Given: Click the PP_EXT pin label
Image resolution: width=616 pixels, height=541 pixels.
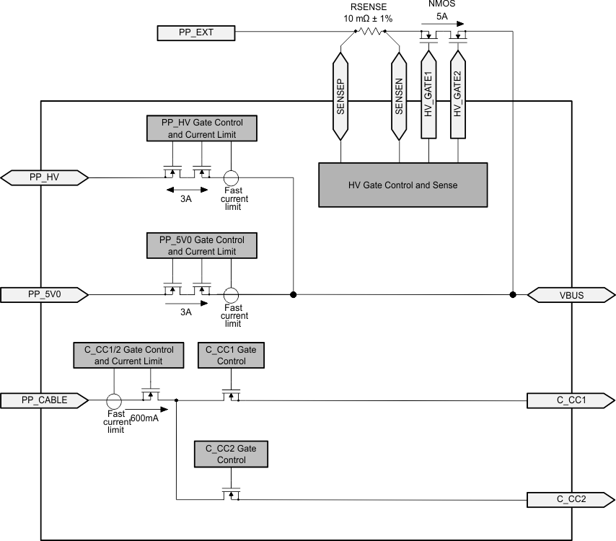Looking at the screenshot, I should pos(195,32).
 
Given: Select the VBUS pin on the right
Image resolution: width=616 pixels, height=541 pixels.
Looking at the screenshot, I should pos(571,294).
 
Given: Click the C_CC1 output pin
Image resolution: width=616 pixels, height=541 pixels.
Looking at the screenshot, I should pos(571,400).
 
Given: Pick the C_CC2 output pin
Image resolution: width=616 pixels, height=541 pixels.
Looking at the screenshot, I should pos(571,498).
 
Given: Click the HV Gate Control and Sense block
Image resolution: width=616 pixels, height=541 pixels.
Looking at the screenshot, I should pos(402,185).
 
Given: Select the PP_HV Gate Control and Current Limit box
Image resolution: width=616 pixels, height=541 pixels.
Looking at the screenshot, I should pos(202,128).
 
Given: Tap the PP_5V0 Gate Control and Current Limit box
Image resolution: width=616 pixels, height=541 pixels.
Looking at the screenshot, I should pos(202,245).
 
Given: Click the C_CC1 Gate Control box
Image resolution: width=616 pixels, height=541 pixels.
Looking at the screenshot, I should pos(231,355).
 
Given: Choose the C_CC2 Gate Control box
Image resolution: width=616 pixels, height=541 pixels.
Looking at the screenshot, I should pos(231,454).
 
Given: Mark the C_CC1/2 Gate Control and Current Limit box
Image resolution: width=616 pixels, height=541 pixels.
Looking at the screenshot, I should pos(128,355).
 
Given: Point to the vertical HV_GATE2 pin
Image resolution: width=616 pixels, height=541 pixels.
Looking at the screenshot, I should pos(457,92).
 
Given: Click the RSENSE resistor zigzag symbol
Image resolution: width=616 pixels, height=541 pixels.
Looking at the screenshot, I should pos(369,32).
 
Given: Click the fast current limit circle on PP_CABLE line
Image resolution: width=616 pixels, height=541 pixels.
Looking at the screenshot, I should pos(113,400).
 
